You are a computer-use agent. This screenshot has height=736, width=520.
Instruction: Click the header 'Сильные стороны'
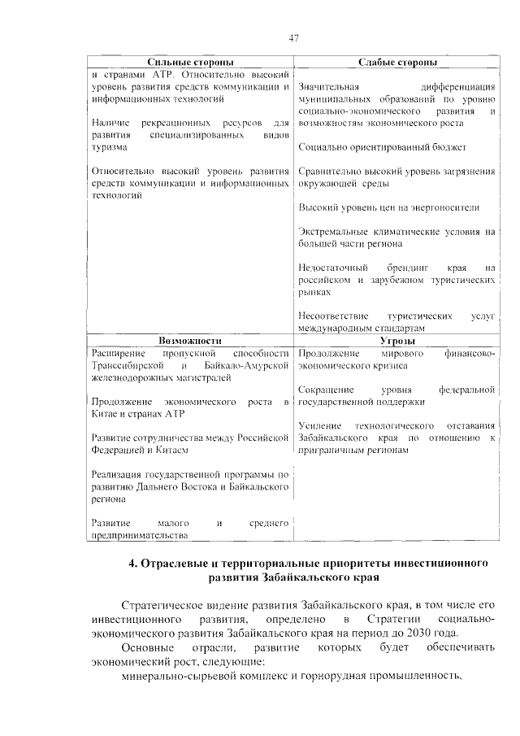click(x=190, y=63)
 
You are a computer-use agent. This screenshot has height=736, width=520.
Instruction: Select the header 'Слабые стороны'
click(x=397, y=63)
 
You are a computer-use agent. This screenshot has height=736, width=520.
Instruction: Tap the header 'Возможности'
click(x=190, y=342)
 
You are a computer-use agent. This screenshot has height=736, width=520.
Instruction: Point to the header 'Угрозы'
click(x=397, y=342)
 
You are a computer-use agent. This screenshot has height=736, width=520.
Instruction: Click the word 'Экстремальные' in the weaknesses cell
click(x=333, y=232)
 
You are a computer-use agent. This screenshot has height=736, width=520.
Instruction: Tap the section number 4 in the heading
click(x=133, y=563)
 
